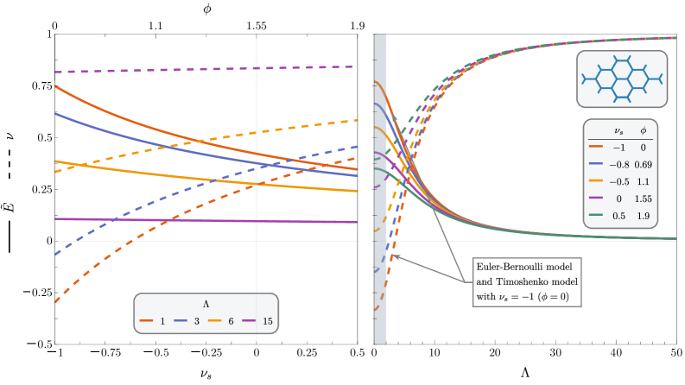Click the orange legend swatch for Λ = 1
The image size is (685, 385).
(146, 321)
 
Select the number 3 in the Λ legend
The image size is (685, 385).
(196, 321)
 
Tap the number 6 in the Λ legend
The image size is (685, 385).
(231, 321)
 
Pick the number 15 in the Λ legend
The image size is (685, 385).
(267, 321)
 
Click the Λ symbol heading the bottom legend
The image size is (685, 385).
(206, 304)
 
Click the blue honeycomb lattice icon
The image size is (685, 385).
(621, 79)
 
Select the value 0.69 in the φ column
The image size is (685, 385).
(643, 164)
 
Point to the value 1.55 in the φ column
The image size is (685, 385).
(643, 199)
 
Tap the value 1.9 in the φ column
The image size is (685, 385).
(643, 216)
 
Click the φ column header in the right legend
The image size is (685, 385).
(643, 131)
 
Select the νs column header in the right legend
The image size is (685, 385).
(618, 131)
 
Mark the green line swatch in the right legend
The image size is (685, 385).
(595, 216)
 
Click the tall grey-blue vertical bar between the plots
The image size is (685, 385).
(380, 189)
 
